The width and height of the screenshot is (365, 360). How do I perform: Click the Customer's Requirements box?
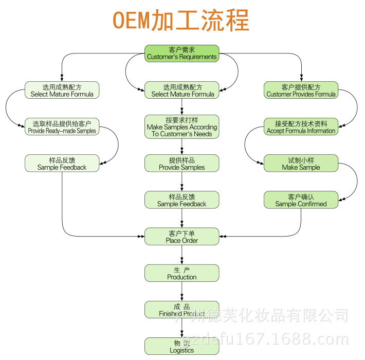coord(181,53)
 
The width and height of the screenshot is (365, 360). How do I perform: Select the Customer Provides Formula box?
coord(301,91)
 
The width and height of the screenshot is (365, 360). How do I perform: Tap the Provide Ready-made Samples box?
coord(62,127)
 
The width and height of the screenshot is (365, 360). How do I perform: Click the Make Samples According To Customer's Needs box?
coord(181,127)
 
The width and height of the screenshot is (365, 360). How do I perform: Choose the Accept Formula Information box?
coord(301,127)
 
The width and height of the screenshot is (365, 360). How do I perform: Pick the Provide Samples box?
coord(181,164)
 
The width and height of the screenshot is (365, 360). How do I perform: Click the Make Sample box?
coord(301,164)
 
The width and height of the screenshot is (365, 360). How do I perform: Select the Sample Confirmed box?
coord(301,200)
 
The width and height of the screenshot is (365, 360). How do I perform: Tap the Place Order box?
coord(181,237)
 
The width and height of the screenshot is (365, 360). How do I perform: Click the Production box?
coord(181,273)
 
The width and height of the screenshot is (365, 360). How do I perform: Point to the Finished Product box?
coord(181,310)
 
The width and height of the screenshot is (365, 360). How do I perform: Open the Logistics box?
coord(181,346)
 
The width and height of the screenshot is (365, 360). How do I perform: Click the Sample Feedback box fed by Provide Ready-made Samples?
coord(62,164)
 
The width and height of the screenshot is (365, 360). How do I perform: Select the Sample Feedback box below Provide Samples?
coord(181,200)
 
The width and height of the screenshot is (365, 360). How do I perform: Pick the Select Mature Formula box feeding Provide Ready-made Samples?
coord(62,91)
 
